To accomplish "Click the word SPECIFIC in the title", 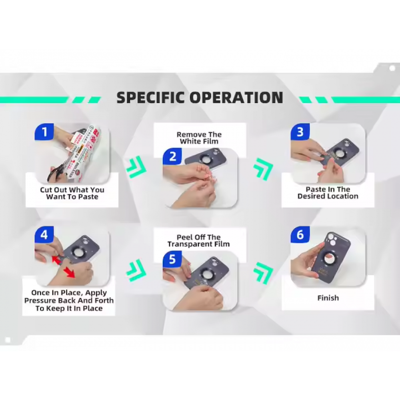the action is [x=150, y=98].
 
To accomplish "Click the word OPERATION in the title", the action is [x=236, y=98].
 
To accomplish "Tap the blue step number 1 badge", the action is [x=44, y=132].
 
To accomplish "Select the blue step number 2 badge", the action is [x=172, y=156].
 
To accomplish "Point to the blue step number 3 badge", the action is [x=300, y=132].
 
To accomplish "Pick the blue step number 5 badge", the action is [x=172, y=259].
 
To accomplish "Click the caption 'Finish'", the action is [x=328, y=298].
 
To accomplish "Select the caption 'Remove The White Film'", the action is [x=199, y=138].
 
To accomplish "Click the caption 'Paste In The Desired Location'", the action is [x=328, y=193].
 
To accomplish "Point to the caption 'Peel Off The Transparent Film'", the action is [x=199, y=241].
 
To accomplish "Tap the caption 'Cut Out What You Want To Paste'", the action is [x=72, y=193].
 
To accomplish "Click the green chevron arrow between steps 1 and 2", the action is [x=136, y=167].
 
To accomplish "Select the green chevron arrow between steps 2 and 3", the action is [x=263, y=169].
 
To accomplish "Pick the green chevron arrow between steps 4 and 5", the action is [x=136, y=271].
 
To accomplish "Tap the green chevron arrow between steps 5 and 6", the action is [x=263, y=273].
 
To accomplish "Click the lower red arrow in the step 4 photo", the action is [x=69, y=272].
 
